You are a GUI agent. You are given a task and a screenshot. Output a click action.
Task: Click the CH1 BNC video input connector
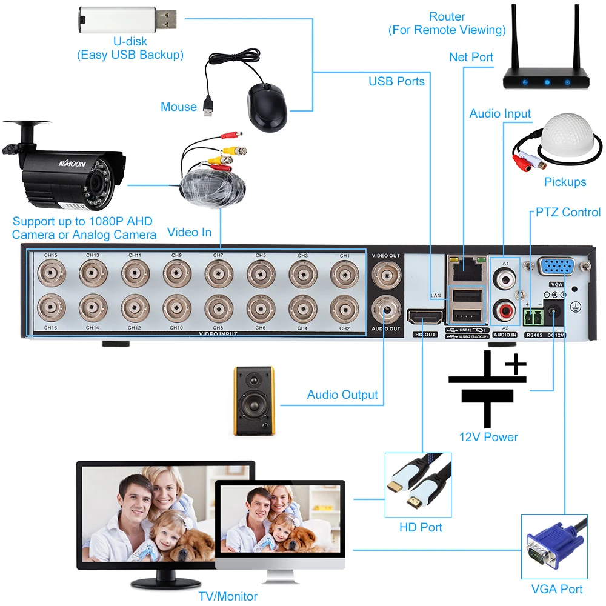coord(344,275)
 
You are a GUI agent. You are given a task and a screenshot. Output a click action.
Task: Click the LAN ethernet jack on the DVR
coord(465,267)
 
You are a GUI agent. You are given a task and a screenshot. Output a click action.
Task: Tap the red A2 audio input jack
coord(505,311)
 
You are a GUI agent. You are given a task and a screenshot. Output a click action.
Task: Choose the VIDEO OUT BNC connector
coord(386,273)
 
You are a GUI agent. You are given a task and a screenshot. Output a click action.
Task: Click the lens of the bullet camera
coord(95,182)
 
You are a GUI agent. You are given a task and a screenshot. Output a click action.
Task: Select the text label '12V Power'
coord(488,436)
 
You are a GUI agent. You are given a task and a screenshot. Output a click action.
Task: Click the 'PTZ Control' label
coord(568,212)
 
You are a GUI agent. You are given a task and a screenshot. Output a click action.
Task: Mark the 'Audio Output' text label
coord(342,395)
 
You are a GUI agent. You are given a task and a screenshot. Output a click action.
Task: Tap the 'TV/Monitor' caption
coord(228,596)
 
